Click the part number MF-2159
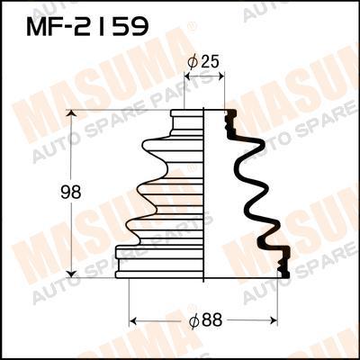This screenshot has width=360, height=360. coord(87,26)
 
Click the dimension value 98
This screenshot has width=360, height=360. coord(71,193)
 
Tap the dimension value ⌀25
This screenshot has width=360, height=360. coord(203,62)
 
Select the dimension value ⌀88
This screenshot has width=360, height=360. coord(205,321)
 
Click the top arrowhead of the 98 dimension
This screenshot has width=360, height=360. coord(71,113)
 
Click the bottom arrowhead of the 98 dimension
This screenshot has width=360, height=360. coord(71,274)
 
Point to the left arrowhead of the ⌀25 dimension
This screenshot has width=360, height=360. coord(188,77)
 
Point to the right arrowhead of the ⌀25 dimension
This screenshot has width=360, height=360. coord(220,77)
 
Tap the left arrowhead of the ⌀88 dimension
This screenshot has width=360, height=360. coord(132,321)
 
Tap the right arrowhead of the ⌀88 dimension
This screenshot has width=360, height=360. coord(274,321)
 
